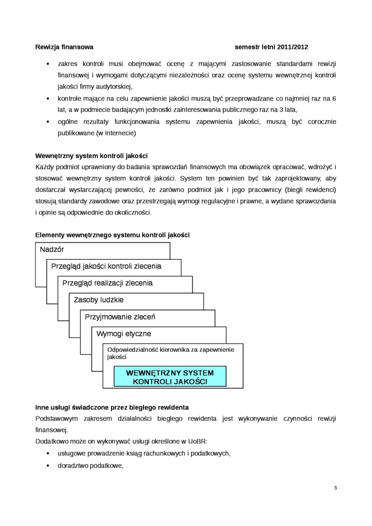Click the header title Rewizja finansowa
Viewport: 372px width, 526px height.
pos(64,47)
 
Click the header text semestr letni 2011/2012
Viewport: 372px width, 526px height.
pos(272,47)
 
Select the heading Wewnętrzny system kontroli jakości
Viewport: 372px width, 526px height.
pos(92,156)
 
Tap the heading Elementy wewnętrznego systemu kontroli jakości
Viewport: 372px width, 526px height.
pos(112,235)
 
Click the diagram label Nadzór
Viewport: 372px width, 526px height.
pos(52,250)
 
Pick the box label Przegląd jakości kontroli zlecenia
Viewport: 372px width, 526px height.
pos(106,266)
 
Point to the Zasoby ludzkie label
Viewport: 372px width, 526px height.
pos(98,300)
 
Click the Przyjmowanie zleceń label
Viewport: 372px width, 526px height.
pos(120,317)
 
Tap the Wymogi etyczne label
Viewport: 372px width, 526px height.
pos(124,334)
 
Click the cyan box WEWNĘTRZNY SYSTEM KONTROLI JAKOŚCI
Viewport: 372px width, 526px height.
pos(170,377)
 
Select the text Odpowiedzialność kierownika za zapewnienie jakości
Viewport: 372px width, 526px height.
pos(170,353)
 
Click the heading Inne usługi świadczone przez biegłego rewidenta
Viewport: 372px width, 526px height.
pos(112,407)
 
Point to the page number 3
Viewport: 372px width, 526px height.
pos(335,487)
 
